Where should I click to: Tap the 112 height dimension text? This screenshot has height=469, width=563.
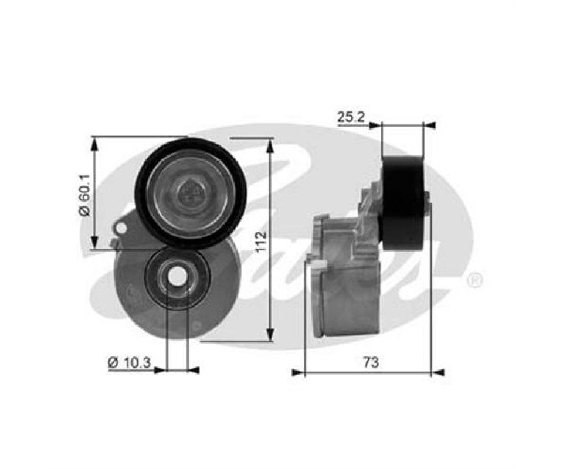[x=261, y=240]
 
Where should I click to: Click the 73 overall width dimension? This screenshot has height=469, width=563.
[x=371, y=362]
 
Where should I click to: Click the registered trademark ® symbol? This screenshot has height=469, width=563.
[x=475, y=281]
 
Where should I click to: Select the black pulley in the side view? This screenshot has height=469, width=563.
[x=403, y=204]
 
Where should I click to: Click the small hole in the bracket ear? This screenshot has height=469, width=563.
[x=121, y=228]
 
